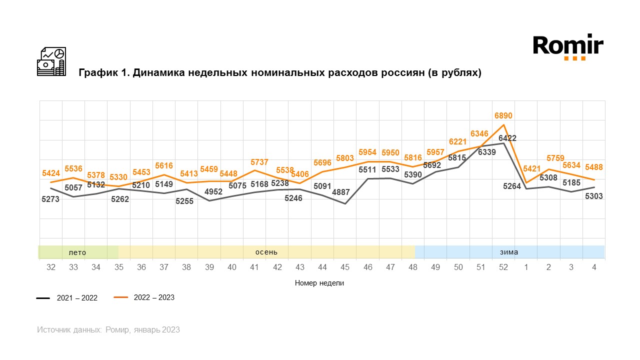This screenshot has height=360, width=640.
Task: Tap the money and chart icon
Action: point(51,61)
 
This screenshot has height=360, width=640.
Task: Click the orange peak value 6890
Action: point(503,116)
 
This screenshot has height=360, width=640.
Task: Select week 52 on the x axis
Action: point(503,267)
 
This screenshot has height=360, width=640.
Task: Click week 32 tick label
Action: point(51,267)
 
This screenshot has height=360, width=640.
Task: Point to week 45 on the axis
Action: point(345,267)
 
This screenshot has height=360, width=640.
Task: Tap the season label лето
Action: point(77,252)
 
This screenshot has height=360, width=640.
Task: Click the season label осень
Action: point(266,252)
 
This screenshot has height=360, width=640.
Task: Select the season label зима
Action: point(509,252)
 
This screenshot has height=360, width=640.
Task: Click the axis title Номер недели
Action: point(319,283)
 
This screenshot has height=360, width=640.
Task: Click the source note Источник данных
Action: point(69,330)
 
